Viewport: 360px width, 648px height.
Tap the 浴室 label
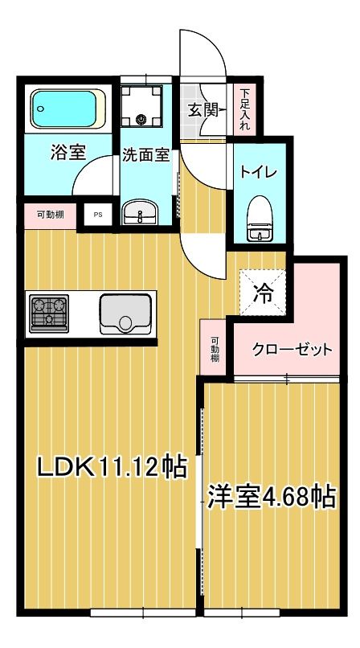(x=69, y=152)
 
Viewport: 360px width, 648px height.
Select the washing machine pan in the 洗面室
(x=142, y=109)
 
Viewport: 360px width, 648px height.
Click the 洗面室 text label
(x=145, y=155)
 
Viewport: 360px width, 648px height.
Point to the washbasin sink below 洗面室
(x=141, y=213)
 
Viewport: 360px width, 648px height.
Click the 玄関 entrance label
(x=203, y=110)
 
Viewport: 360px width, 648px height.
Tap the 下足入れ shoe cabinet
(x=243, y=109)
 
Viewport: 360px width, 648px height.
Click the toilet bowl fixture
(x=259, y=219)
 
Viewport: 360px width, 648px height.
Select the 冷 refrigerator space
(x=262, y=293)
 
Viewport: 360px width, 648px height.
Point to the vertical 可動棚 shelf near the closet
(x=215, y=350)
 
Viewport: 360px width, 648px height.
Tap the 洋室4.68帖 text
(x=272, y=496)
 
